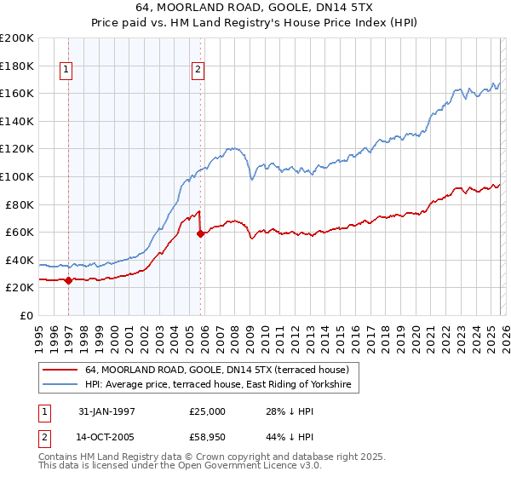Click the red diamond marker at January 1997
pyautogui.click(x=68, y=280)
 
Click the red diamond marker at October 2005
pyautogui.click(x=200, y=233)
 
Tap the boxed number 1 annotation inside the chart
pyautogui.click(x=66, y=71)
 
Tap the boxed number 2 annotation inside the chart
pyautogui.click(x=198, y=71)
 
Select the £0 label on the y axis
pyautogui.click(x=26, y=315)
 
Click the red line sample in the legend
pyautogui.click(x=60, y=370)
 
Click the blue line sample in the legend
pyautogui.click(x=60, y=385)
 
